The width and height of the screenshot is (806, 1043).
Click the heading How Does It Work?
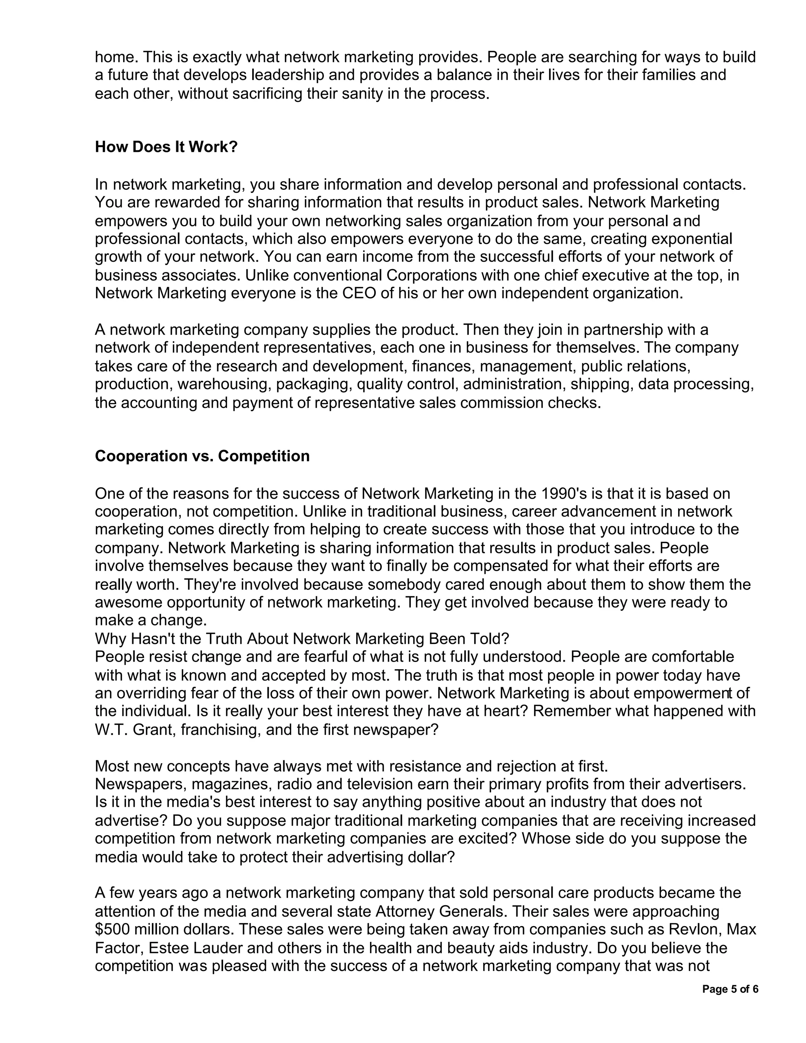pos(166,147)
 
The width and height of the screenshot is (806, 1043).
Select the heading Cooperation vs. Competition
pos(202,456)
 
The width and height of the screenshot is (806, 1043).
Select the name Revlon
pos(698,930)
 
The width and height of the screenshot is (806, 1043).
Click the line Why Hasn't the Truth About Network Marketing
pos(302,639)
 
